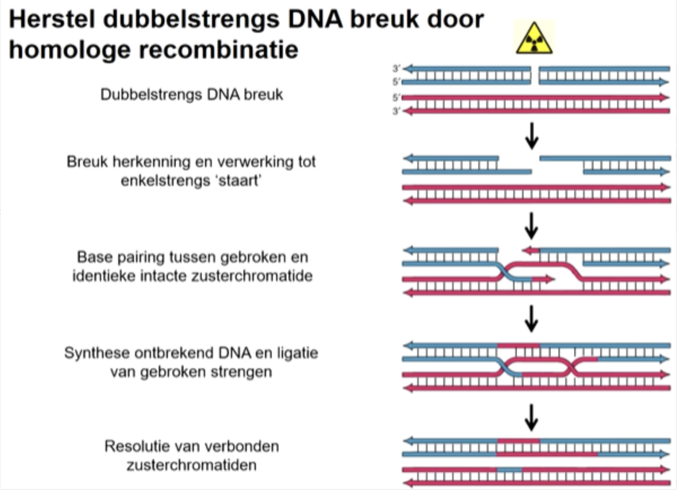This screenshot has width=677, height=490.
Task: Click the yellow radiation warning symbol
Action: point(534,38)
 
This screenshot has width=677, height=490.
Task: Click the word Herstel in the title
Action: point(52,19)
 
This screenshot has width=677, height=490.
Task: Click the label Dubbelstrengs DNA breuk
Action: point(191,95)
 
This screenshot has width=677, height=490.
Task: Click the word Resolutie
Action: point(134,446)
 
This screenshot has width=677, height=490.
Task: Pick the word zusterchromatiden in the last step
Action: point(191,465)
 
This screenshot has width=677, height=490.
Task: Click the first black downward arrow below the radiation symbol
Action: point(531,135)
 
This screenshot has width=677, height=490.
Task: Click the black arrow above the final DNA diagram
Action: point(531,417)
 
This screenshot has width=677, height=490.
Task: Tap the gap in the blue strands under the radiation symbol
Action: point(535,75)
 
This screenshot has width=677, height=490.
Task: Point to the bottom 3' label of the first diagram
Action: point(396,111)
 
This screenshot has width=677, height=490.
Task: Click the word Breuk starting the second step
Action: point(87,162)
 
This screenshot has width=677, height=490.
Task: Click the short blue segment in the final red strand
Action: point(509,470)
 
